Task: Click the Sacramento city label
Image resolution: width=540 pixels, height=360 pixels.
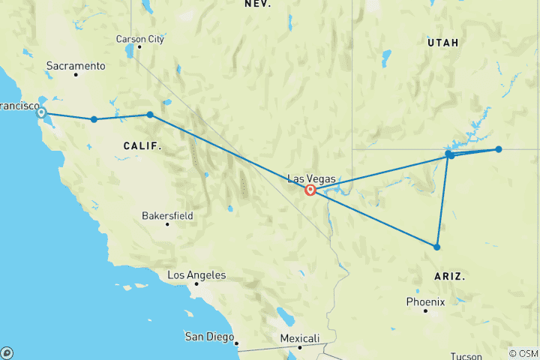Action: (x=75, y=66)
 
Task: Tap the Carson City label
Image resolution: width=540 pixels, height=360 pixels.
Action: (x=139, y=39)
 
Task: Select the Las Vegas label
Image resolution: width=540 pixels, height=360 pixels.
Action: (x=312, y=178)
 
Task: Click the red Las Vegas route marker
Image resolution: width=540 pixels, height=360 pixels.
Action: (x=310, y=190)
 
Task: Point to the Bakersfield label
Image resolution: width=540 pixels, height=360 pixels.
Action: (x=167, y=215)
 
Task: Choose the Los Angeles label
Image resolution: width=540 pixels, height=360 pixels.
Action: (x=196, y=275)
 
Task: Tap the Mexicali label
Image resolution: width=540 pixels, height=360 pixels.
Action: (x=299, y=338)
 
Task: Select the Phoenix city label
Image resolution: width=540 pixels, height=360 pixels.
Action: (x=425, y=301)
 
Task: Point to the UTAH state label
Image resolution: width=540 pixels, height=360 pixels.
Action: (x=442, y=43)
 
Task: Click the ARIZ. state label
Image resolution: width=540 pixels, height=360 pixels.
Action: (x=449, y=277)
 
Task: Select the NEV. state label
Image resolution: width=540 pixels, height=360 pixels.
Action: (x=257, y=4)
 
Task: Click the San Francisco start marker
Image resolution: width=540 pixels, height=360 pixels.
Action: (x=42, y=113)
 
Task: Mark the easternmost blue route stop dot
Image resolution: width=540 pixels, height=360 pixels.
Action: (x=498, y=149)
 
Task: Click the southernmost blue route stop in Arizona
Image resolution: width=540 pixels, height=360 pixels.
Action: (x=437, y=247)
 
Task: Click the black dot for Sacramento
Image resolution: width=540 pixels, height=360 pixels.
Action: (x=76, y=74)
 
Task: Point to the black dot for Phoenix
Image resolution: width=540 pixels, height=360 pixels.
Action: (x=425, y=310)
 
